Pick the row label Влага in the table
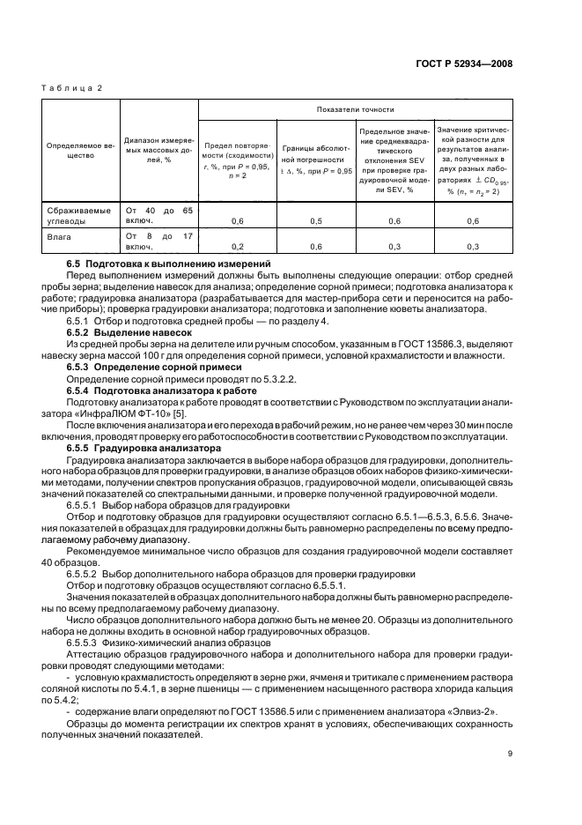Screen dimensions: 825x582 59,237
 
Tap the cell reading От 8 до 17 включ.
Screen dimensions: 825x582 158,242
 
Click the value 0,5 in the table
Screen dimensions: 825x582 316,221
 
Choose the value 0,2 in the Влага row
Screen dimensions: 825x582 238,247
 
